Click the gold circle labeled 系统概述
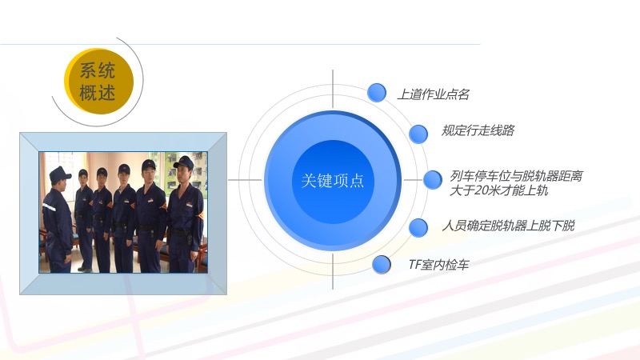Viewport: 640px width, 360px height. pyautogui.click(x=98, y=82)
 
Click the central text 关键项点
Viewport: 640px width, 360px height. pyautogui.click(x=333, y=181)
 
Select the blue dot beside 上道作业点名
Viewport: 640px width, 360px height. pyautogui.click(x=376, y=93)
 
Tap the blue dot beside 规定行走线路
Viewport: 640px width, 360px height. pyautogui.click(x=418, y=134)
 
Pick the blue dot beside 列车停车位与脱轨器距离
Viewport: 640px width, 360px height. pyautogui.click(x=433, y=179)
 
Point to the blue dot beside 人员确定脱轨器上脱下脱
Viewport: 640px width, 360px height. pyautogui.click(x=418, y=227)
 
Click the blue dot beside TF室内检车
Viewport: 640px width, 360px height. pyautogui.click(x=382, y=265)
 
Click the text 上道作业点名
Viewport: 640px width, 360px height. pyautogui.click(x=433, y=94)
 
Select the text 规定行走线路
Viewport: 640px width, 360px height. pyautogui.click(x=478, y=130)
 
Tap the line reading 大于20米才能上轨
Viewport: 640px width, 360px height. pyautogui.click(x=498, y=190)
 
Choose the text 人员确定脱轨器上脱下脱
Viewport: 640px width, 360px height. pyautogui.click(x=508, y=226)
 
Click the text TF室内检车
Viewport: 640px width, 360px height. pyautogui.click(x=438, y=265)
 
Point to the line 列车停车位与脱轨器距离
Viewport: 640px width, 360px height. pyautogui.click(x=516, y=176)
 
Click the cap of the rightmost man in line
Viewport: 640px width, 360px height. pyautogui.click(x=185, y=162)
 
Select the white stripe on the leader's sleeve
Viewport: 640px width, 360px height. pyautogui.click(x=49, y=207)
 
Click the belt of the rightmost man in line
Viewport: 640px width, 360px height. pyautogui.click(x=181, y=234)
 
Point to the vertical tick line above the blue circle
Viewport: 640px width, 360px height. pyautogui.click(x=333, y=89)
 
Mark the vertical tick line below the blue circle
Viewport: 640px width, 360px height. pyautogui.click(x=333, y=271)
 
